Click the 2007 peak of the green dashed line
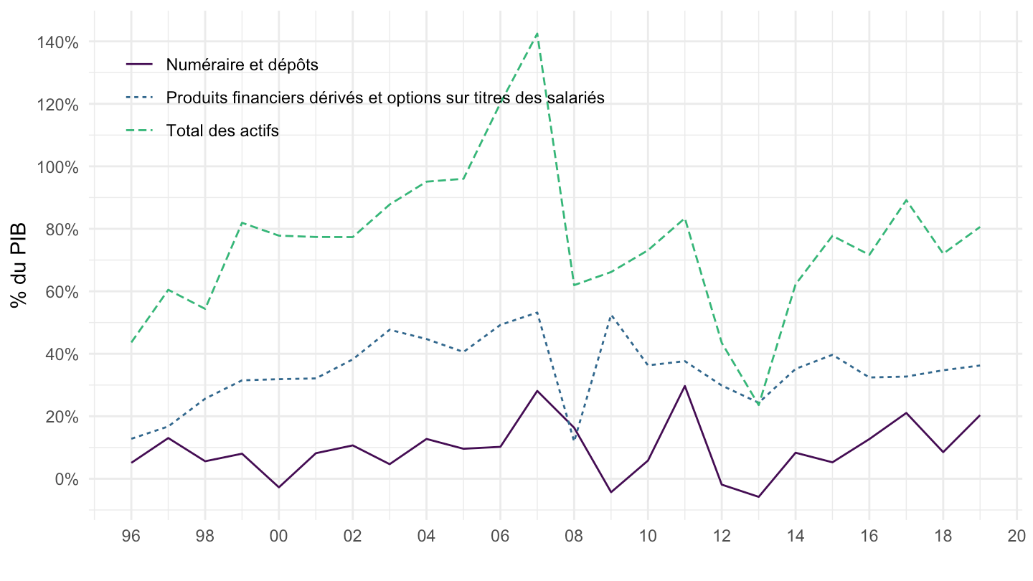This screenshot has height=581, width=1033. (x=537, y=33)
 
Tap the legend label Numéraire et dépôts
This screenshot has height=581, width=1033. (x=242, y=64)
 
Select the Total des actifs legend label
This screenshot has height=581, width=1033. (x=222, y=131)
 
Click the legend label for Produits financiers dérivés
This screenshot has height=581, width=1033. (x=385, y=98)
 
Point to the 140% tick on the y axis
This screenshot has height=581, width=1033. (x=58, y=42)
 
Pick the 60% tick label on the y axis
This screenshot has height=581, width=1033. (x=61, y=292)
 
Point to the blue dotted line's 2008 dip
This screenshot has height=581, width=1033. (x=574, y=439)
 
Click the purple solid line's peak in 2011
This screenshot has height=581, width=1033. (x=684, y=386)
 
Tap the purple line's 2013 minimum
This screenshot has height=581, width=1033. (x=758, y=496)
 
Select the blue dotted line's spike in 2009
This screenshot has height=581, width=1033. (x=610, y=316)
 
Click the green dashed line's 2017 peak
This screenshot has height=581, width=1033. (x=906, y=199)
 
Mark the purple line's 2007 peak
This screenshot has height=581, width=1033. (x=537, y=391)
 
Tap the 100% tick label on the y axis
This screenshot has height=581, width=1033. (x=58, y=167)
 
